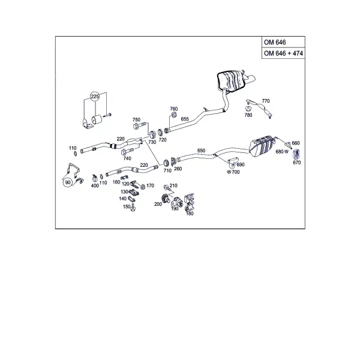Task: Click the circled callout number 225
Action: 95,97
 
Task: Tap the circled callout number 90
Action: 67,182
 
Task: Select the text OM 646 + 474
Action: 283,53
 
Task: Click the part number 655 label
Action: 185,119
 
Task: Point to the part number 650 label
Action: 201,151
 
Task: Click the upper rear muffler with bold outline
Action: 230,81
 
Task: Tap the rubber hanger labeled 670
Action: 296,154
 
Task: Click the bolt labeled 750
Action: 139,125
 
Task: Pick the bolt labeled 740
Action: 127,151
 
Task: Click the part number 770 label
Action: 266,101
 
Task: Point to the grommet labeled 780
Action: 248,109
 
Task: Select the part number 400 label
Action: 95,185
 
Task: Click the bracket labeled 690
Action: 233,161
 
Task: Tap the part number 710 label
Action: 167,170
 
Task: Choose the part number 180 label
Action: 190,214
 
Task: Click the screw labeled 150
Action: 133,207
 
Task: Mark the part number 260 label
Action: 178,169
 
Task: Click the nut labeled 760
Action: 174,115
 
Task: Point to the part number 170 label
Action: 150,185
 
